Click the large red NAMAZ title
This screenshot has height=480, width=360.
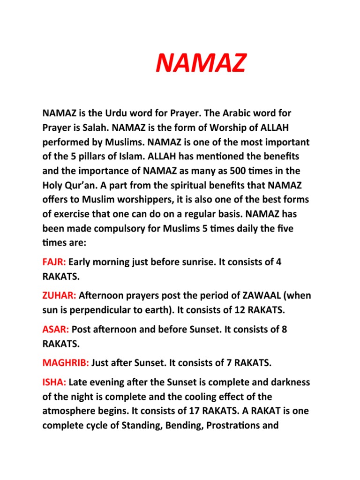pos(200,64)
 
